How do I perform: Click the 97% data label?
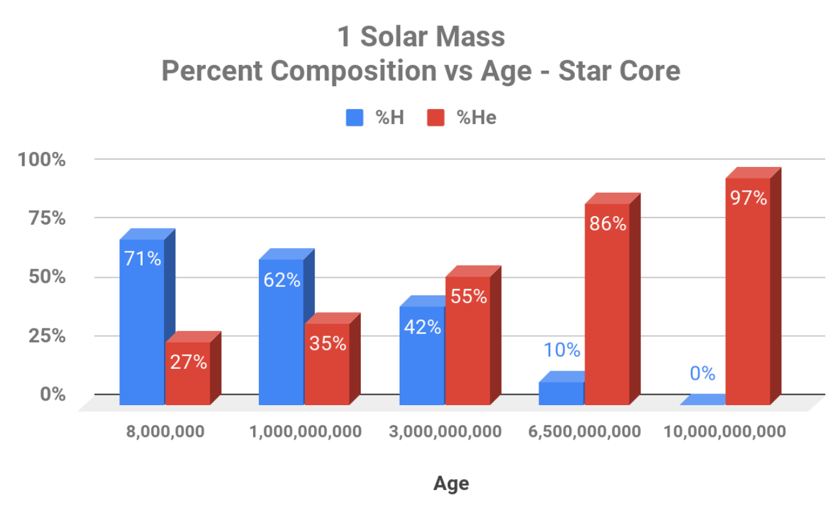[x=748, y=198]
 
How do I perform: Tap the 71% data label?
[x=142, y=258]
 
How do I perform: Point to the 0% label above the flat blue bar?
[x=702, y=373]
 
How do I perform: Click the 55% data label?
[x=468, y=296]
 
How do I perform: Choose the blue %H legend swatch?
[x=354, y=118]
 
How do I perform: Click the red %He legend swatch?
[x=435, y=118]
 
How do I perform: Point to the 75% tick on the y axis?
[x=49, y=218]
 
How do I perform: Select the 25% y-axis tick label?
[x=49, y=336]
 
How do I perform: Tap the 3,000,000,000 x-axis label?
[x=446, y=432]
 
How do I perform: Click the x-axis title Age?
[x=451, y=483]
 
